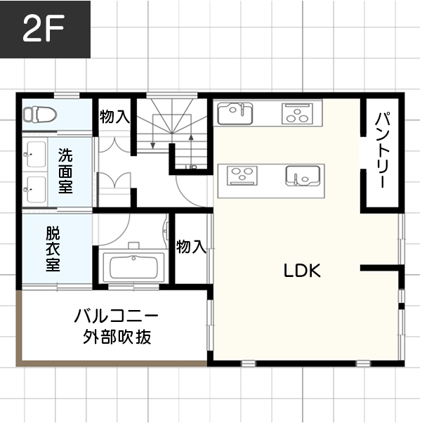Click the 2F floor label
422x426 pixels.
pos(43,30)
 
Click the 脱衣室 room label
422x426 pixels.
pos(53,249)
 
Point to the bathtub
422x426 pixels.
pos(133,266)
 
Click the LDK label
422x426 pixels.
pos(302,270)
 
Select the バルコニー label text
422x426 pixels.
pos(117,315)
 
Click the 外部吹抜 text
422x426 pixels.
pos(117,337)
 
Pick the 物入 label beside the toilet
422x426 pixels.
pos(114,117)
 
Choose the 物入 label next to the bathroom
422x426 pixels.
pos(191,247)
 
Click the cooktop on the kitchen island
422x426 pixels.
pos(243,174)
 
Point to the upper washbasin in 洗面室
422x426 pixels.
pos(33,152)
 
